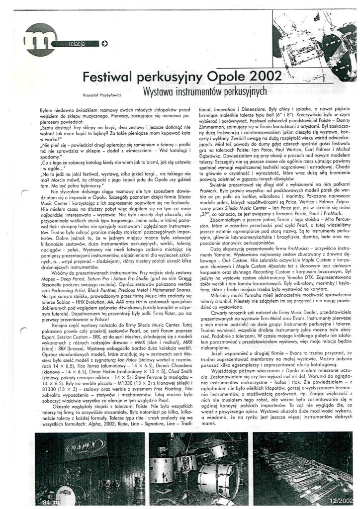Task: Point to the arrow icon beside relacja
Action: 104,43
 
